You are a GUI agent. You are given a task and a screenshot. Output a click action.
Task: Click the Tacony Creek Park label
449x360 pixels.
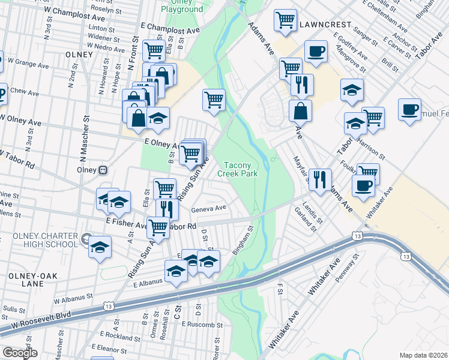coord(241,169)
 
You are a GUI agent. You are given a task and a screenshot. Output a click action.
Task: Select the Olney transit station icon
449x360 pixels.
coord(103,170)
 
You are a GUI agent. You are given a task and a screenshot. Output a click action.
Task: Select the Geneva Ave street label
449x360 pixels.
coord(208,209)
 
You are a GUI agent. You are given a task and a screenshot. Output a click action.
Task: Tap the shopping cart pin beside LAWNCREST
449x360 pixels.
coord(285,20)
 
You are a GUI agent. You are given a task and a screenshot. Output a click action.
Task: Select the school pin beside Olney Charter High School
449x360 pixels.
coord(100,247)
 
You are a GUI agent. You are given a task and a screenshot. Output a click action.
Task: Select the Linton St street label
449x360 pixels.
coord(101,28)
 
